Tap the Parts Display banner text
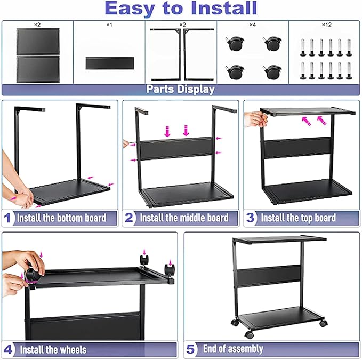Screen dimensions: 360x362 [x=181, y=90]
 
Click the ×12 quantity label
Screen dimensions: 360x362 [x=326, y=25]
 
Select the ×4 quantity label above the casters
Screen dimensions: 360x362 [x=252, y=25]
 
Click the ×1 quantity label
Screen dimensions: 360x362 [x=109, y=25]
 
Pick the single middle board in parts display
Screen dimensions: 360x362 [x=109, y=62]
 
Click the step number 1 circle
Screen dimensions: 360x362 [x=8, y=218]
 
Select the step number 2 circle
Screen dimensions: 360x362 [x=130, y=218]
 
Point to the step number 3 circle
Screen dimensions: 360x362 [x=251, y=218]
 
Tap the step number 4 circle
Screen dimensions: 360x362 [x=9, y=350]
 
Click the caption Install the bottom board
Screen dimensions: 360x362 [x=61, y=218]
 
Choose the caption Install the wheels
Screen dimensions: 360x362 [x=53, y=350]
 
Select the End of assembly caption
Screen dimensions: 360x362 [x=233, y=349]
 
